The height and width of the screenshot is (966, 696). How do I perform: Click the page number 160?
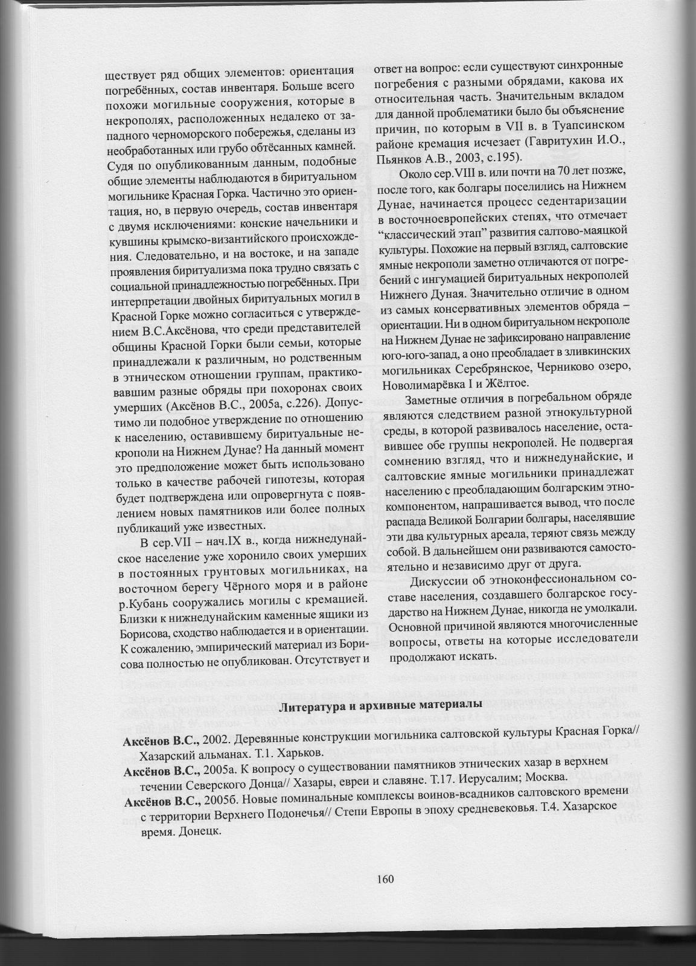click(x=384, y=878)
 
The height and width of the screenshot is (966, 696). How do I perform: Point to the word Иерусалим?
click(x=473, y=776)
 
